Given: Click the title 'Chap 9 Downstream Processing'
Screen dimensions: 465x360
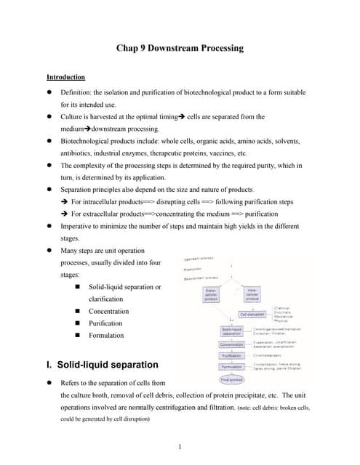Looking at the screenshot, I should tap(180, 49).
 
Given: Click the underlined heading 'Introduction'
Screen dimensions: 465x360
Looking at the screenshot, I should tap(65, 77).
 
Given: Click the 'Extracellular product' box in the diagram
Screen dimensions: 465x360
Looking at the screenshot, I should tap(210, 294).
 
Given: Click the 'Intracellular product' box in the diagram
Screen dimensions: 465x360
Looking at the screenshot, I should tap(252, 294).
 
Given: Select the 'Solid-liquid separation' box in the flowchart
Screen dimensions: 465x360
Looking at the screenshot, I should tap(231, 331).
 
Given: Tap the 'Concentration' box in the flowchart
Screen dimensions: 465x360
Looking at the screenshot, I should tap(231, 344).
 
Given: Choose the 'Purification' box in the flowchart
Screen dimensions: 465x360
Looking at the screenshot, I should tap(231, 356).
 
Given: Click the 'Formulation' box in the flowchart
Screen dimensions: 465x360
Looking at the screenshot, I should tap(231, 367).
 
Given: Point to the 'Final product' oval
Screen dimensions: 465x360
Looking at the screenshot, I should tap(231, 379).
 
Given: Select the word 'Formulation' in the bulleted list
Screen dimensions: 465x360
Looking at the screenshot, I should tap(106, 336).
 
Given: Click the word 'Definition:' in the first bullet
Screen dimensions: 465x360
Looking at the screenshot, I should tap(79, 92).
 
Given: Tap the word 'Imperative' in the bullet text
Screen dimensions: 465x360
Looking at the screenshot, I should tap(79, 226).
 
